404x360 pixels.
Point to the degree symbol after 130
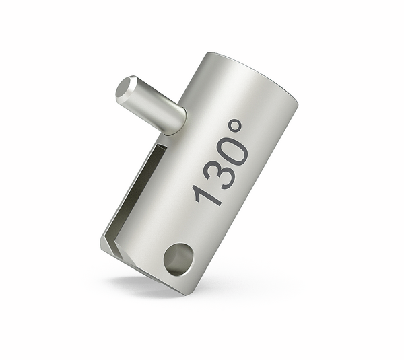(235, 125)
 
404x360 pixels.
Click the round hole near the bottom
(178, 258)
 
